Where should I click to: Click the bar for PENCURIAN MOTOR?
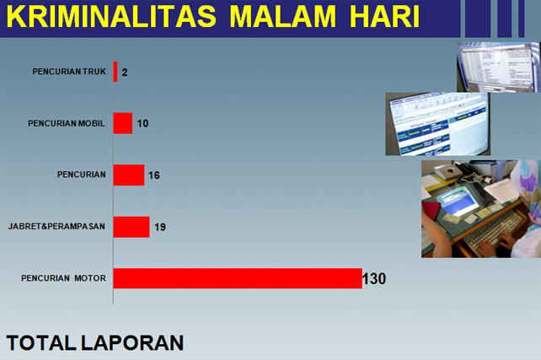coord(238,278)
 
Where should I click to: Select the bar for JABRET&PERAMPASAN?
coord(131,227)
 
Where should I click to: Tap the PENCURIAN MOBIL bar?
coord(123,123)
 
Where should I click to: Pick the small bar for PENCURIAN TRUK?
coord(115,72)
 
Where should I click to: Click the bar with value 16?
coord(129,175)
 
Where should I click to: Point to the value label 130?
coord(374,278)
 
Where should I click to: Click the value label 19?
coord(160,227)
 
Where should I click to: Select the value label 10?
coord(142,124)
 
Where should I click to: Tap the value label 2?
coord(125,73)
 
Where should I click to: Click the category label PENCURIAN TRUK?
coord(69,72)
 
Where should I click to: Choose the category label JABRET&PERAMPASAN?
coord(56,227)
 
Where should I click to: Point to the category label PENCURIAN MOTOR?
coord(63,278)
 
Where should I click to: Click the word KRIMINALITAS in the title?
coord(111,16)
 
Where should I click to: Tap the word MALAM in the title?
coord(282,16)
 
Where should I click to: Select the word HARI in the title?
coord(385,16)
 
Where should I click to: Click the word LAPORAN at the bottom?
coord(132,343)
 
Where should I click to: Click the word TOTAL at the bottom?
coord(41,343)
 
